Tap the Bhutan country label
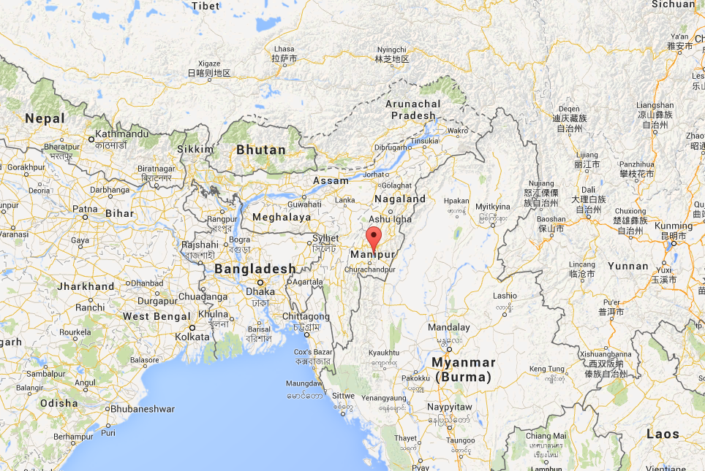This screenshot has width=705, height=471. pos(261,150)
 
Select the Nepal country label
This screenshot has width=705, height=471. pos(45,118)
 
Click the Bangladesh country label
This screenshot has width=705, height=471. pos(255,269)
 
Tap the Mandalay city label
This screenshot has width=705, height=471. pos(448,327)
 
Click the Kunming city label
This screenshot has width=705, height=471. pos(674,226)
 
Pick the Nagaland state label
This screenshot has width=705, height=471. pos(400,199)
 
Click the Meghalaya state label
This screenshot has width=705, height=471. pos(281,217)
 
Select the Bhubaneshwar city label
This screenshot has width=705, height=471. pos(142,410)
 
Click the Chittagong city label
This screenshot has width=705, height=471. pos(306,317)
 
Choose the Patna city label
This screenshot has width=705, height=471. pos(85,209)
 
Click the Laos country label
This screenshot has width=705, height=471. pos(663,434)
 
